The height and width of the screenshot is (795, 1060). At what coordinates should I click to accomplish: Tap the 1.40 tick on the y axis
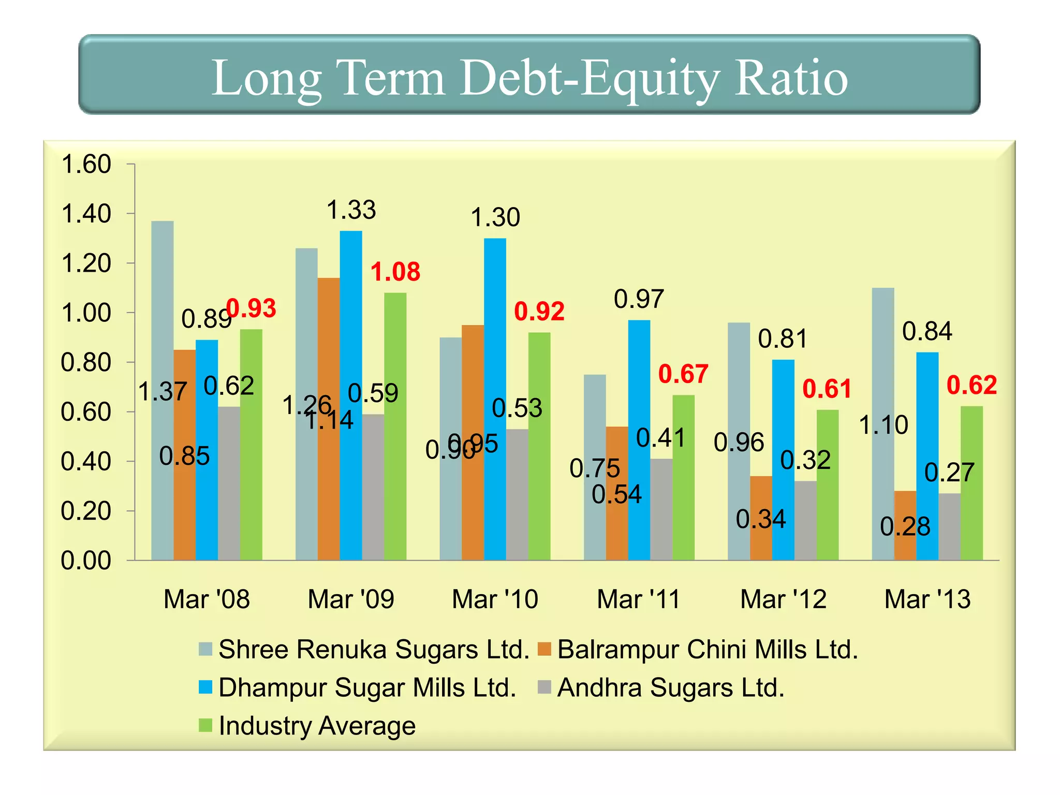click(86, 214)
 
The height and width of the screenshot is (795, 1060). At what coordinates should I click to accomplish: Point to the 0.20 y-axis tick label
click(86, 511)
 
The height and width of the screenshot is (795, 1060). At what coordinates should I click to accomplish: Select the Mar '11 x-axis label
click(638, 599)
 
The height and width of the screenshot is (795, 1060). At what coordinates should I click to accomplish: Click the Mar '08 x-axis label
click(207, 599)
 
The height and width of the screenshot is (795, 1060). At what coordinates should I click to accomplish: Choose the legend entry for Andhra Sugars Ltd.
click(670, 688)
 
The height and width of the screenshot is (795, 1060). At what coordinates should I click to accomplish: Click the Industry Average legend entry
click(316, 726)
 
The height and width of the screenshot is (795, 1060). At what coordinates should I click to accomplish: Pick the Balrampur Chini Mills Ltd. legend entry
click(707, 650)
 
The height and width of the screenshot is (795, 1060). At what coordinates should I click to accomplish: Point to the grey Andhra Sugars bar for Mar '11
click(661, 510)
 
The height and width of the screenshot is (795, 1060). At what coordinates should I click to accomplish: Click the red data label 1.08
click(395, 272)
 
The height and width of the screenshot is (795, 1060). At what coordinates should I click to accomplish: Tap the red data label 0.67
click(683, 374)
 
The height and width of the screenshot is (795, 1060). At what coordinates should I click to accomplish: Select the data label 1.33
click(351, 210)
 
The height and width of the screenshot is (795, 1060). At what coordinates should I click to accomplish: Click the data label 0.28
click(905, 527)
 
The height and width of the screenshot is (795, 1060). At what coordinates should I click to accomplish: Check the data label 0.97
click(639, 299)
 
